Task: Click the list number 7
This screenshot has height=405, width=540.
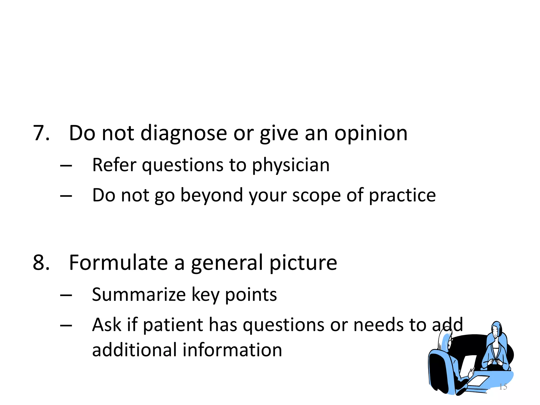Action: tap(41, 133)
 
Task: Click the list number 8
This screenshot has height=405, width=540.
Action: tap(41, 263)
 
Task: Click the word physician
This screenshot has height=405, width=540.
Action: tap(291, 166)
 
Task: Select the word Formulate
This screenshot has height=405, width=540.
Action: tap(118, 263)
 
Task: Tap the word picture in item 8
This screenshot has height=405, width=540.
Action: tap(303, 263)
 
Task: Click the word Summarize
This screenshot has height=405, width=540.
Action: tap(139, 295)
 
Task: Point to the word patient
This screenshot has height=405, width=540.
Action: tap(173, 325)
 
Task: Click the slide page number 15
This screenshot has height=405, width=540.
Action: tap(503, 387)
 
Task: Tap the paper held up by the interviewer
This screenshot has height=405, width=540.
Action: tap(468, 365)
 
